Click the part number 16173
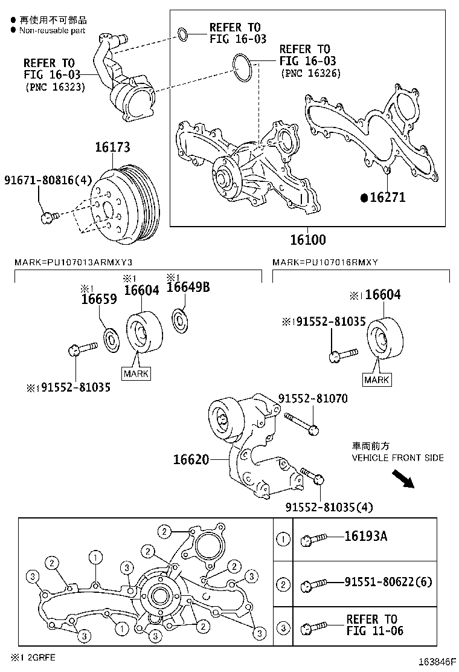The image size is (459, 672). (x=112, y=147)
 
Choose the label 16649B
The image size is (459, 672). (x=188, y=287)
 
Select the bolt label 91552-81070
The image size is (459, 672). (x=312, y=399)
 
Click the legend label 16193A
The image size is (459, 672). (x=365, y=536)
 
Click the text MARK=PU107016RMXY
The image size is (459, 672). (x=325, y=262)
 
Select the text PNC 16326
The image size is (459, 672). (x=311, y=73)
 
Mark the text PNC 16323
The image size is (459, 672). (x=55, y=86)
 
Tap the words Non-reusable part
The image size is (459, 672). (x=52, y=30)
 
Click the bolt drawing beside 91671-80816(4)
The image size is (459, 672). (x=49, y=216)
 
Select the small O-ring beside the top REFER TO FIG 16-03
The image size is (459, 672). (x=185, y=36)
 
